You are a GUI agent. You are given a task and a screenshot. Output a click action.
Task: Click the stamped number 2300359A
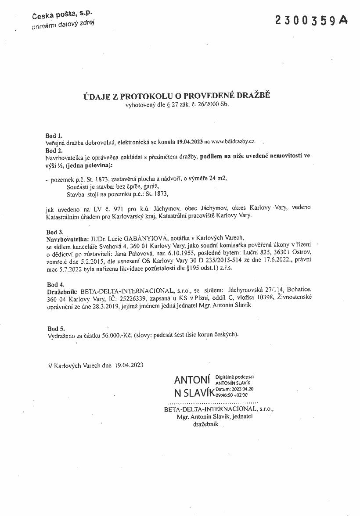(x=311, y=20)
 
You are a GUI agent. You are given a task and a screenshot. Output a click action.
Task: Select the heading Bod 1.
(x=54, y=136)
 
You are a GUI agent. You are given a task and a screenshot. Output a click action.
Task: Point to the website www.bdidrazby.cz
(x=233, y=142)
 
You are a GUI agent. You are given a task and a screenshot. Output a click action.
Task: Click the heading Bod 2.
(x=54, y=149)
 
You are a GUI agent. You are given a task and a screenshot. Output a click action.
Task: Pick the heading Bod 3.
(x=54, y=231)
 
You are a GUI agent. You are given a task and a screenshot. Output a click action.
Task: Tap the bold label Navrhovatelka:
(x=67, y=238)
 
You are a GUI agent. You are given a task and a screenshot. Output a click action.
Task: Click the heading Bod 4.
(x=54, y=284)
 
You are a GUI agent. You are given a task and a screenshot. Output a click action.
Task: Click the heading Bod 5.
(x=54, y=328)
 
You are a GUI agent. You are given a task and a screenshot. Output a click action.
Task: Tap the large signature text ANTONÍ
(x=193, y=380)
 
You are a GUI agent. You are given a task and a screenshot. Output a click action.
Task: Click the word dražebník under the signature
(x=205, y=424)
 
